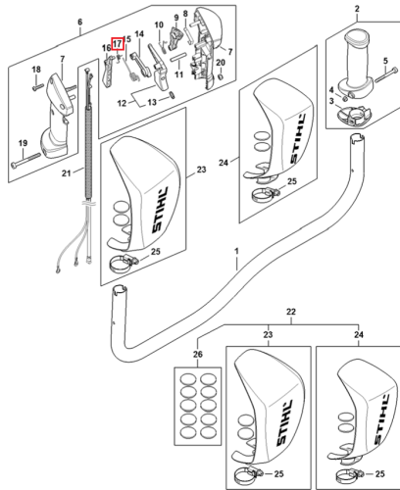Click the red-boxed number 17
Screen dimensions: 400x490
tap(118, 43)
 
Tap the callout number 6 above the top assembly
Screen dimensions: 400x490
tap(80, 23)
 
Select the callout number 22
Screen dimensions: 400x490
tap(291, 312)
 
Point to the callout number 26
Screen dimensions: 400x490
tap(198, 354)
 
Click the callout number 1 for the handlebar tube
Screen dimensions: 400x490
tap(236, 252)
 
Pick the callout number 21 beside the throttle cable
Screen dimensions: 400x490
tap(67, 172)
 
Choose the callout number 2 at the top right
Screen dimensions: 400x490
tap(357, 9)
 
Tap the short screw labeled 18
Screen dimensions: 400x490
tap(37, 87)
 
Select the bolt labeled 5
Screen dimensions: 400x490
tap(386, 74)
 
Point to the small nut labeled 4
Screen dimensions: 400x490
tap(345, 98)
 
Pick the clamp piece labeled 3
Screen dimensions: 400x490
tap(354, 115)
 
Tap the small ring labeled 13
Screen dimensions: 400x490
tap(172, 95)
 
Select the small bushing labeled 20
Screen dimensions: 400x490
tap(221, 76)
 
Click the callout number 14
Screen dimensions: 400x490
tap(139, 34)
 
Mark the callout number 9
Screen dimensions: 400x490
tap(176, 18)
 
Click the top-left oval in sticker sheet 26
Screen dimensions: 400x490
tap(188, 380)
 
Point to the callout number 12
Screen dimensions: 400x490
tap(122, 103)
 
